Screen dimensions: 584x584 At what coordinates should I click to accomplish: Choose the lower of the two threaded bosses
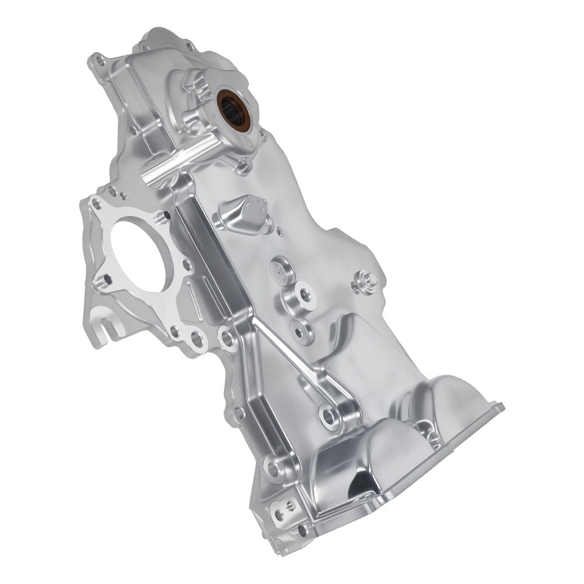point(301,332)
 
